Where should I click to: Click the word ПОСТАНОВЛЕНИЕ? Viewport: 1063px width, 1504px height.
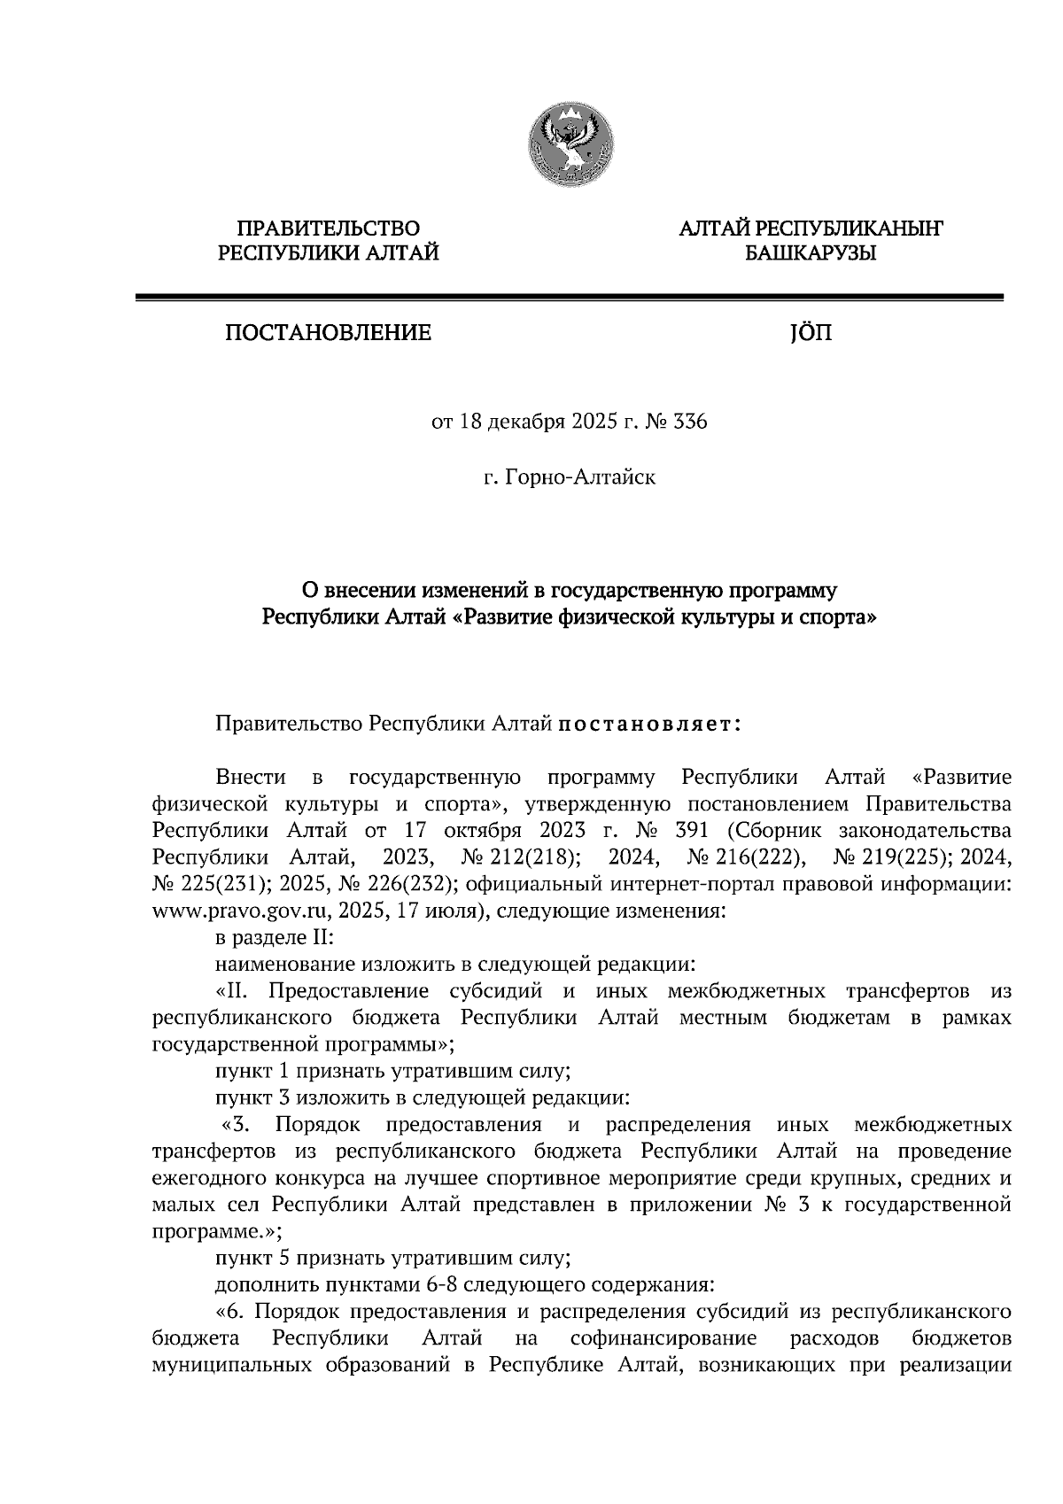pyautogui.click(x=328, y=334)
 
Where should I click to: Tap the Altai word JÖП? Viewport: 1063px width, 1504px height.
pyautogui.click(x=805, y=334)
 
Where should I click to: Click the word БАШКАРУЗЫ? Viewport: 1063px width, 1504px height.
pyautogui.click(x=810, y=255)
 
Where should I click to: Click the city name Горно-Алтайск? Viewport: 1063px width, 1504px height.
pyautogui.click(x=580, y=478)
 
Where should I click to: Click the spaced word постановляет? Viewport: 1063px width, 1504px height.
pyautogui.click(x=648, y=725)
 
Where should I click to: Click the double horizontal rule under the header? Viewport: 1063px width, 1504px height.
pyautogui.click(x=569, y=298)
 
